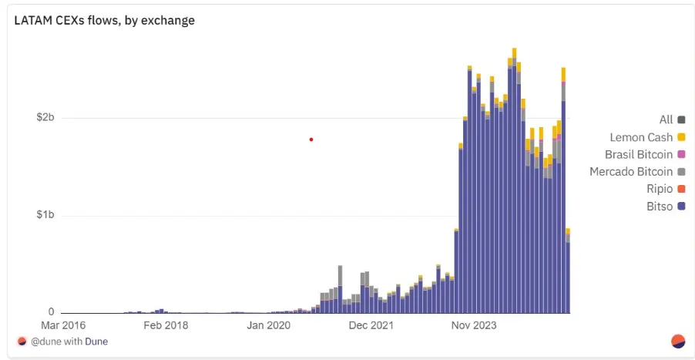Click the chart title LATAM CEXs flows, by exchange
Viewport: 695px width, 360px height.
point(104,21)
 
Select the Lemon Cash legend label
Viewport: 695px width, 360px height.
point(641,137)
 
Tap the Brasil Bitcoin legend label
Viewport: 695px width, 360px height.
point(639,154)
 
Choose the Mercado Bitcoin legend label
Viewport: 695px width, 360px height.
point(631,172)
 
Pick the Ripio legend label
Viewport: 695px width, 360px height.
point(659,189)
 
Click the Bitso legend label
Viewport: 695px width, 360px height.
point(660,207)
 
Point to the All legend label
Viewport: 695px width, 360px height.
point(666,119)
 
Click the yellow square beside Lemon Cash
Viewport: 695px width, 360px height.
point(681,137)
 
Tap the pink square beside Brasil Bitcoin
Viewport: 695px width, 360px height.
point(681,154)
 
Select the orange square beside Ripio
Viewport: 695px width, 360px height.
point(681,189)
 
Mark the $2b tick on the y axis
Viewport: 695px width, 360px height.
point(45,118)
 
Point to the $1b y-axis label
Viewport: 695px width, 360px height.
point(45,215)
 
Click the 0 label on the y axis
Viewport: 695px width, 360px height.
point(51,312)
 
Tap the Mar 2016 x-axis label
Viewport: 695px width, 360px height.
point(63,325)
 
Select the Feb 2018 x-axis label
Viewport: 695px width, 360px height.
point(166,325)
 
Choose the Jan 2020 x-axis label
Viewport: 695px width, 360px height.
point(268,325)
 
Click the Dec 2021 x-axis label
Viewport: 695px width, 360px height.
point(371,325)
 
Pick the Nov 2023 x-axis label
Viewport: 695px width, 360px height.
point(474,325)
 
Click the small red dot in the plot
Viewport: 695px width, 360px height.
point(311,140)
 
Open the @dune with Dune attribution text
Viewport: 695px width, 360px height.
point(69,341)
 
